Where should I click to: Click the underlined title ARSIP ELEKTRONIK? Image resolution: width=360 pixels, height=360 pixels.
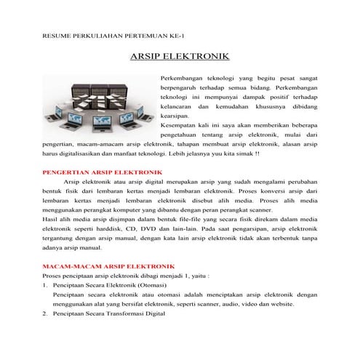click(x=179, y=56)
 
